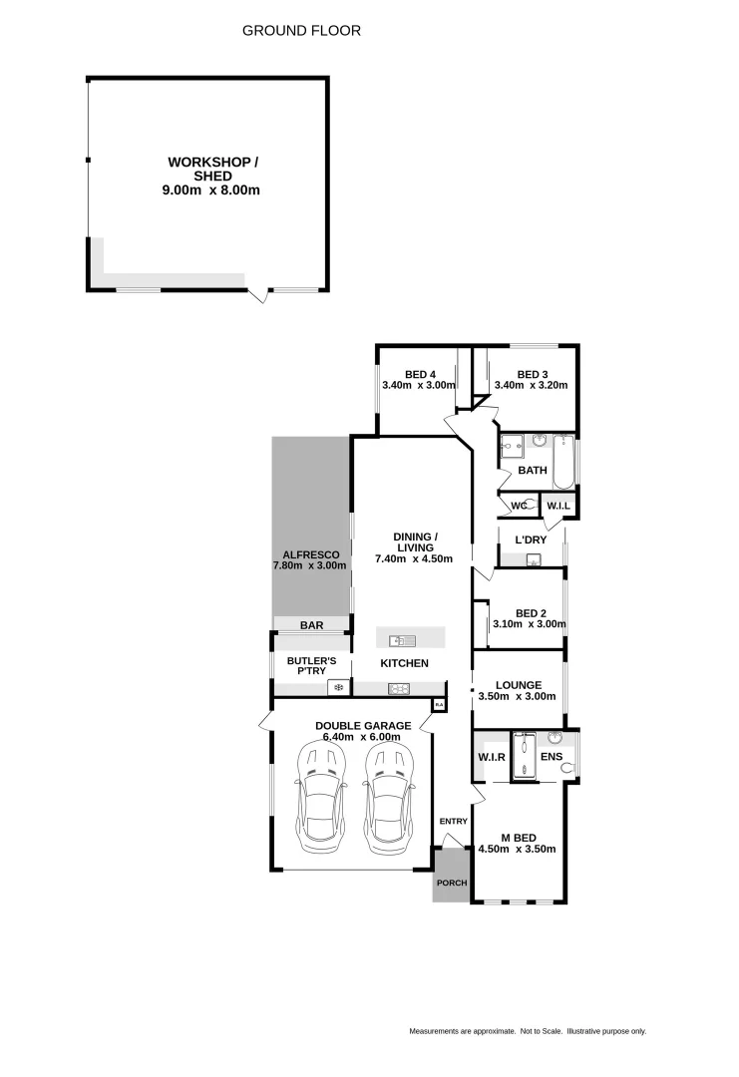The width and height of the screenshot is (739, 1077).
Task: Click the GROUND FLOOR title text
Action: (x=301, y=31)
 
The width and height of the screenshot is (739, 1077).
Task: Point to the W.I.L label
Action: (x=557, y=507)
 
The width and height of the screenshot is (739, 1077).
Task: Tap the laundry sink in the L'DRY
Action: (x=535, y=560)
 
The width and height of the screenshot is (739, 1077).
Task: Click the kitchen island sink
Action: (x=397, y=639)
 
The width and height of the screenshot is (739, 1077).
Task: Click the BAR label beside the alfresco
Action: (x=311, y=625)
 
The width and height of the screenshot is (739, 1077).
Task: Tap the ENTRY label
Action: (x=453, y=822)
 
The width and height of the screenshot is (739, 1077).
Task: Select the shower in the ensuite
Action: (x=524, y=755)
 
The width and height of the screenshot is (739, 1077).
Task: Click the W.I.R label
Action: (x=491, y=757)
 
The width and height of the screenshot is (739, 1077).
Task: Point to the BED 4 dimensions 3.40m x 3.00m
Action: (x=418, y=385)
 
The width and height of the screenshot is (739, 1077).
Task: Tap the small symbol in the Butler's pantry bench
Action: (x=339, y=687)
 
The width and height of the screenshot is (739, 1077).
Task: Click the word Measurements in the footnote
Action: (x=436, y=1031)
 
